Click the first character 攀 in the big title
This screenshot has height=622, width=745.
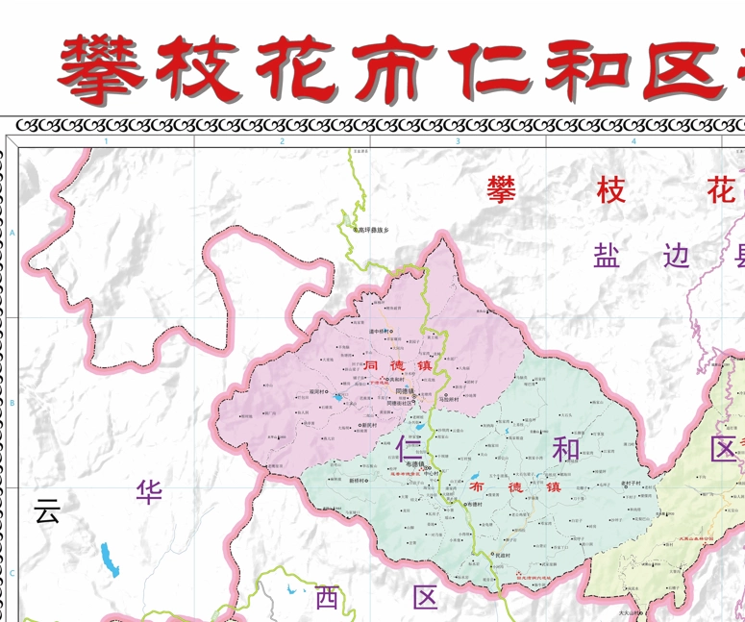[100, 71]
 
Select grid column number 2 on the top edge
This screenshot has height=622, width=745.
[282, 142]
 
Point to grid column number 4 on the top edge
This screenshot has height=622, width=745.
[633, 142]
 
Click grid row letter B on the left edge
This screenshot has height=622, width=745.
[12, 403]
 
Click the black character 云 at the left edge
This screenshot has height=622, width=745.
[47, 510]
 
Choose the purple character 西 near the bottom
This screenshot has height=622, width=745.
[327, 598]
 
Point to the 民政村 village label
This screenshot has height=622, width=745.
[501, 555]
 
